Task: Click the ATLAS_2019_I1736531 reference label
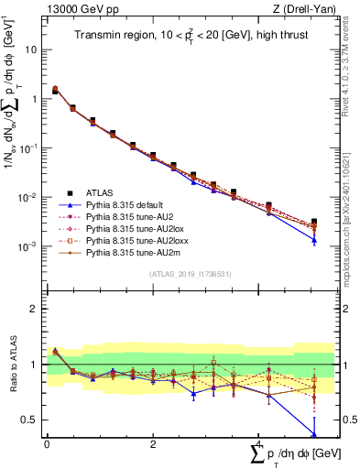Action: pos(183,274)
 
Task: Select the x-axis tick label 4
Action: pos(258,444)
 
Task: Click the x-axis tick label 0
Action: pos(47,444)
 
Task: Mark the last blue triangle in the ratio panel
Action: pos(314,434)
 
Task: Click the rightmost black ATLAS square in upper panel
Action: pos(314,222)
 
